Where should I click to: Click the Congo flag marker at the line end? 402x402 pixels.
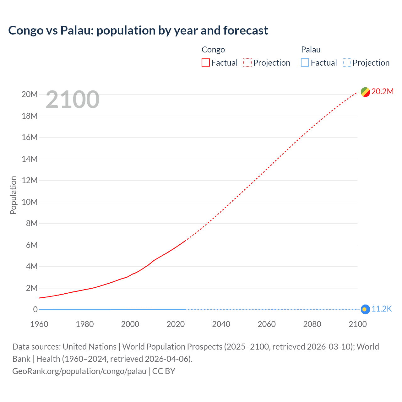click(365, 92)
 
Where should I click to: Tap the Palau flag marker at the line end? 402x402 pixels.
click(365, 309)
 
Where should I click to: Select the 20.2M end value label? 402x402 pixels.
click(382, 91)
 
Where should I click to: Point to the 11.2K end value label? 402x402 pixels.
click(382, 309)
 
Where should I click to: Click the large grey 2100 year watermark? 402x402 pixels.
click(73, 100)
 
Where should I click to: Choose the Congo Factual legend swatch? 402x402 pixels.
click(205, 63)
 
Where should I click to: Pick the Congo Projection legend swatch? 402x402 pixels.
click(247, 63)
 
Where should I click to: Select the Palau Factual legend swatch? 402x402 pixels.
click(305, 63)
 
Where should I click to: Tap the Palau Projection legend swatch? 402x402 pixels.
click(347, 63)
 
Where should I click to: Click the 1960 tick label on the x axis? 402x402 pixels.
click(39, 324)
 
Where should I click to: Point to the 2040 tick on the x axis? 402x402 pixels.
click(221, 324)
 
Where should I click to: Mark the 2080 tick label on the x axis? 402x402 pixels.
click(312, 324)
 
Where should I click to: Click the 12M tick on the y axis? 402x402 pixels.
click(30, 181)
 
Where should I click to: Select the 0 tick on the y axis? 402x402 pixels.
click(35, 310)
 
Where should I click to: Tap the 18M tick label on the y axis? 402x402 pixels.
click(30, 116)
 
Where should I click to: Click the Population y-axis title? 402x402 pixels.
click(13, 195)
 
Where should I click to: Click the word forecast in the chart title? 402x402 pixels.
click(246, 30)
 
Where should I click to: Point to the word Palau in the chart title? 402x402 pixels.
click(77, 30)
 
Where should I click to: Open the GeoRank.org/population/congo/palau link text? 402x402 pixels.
click(79, 371)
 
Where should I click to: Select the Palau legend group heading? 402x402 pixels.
click(311, 50)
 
